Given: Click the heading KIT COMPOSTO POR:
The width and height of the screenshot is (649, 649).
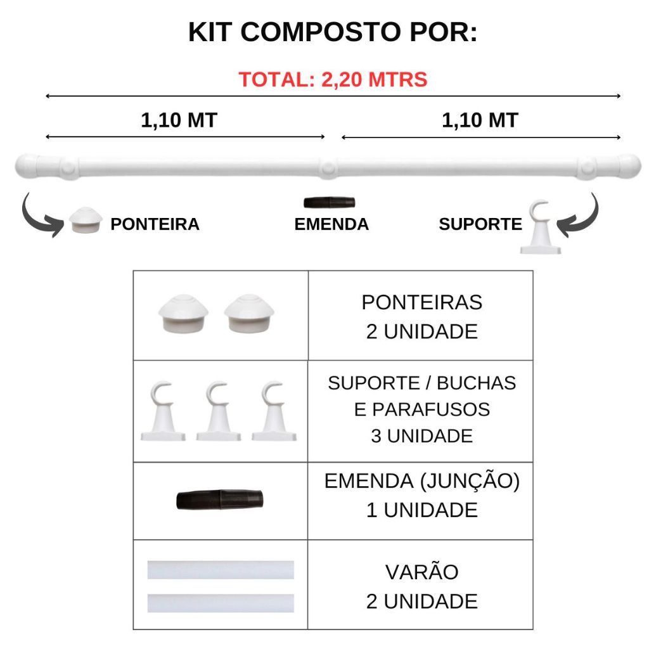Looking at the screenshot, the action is (333, 32).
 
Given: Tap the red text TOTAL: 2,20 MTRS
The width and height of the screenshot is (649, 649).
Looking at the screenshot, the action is (333, 79).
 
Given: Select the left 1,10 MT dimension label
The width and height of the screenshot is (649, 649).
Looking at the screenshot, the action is (179, 120).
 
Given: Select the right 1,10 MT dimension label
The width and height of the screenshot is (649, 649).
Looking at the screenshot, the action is (480, 120).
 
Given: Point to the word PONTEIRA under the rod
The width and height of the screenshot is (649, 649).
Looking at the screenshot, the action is (155, 224).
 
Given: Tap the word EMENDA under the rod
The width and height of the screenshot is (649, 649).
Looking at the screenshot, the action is (331, 224).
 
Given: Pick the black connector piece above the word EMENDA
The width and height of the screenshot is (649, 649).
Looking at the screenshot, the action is (330, 202).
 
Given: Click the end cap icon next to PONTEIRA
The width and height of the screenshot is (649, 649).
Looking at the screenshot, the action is (86, 220).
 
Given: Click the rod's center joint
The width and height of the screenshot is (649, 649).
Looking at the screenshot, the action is (328, 168).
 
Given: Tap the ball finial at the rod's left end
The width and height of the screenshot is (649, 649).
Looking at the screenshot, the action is (28, 167).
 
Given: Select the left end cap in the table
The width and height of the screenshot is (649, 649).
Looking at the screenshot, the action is (183, 313).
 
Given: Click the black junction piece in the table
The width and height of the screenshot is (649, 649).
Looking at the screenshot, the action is (220, 500).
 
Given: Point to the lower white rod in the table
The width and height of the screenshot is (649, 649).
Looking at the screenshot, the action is (221, 603).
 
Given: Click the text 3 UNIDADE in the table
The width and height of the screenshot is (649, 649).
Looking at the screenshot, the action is (421, 436).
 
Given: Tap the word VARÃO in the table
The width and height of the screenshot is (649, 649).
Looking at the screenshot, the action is (421, 572).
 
